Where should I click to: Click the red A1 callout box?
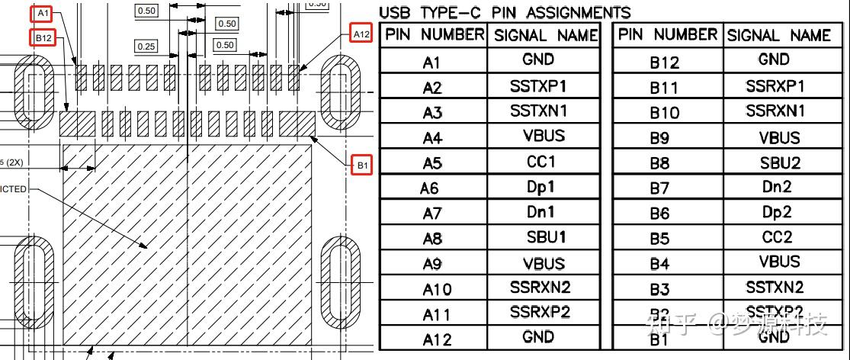pos(43,14)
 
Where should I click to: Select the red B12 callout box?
pos(43,37)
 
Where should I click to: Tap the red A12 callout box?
pos(361,34)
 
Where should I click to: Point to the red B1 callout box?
pos(362,164)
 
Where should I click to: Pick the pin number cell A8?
pos(432,239)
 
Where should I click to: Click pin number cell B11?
pos(663,88)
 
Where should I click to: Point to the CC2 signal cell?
pos(777,237)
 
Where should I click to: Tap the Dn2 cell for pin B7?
pos(777,186)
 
